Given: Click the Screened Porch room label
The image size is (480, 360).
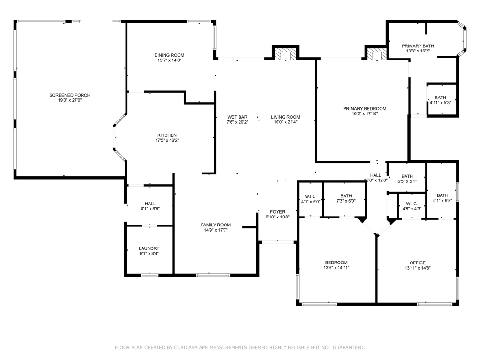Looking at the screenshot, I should coord(69,95).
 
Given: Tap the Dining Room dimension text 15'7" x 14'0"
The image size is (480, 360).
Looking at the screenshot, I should coord(169,60).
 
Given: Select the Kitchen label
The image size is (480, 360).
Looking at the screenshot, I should coord(166,135).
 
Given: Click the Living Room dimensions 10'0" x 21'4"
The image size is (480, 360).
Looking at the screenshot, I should coord(285,122).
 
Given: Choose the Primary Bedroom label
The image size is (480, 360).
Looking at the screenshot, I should coord(364,108).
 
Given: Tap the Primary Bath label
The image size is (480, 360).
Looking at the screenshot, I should coord(418,45).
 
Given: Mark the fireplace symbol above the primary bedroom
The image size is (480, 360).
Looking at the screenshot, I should coord(376,54).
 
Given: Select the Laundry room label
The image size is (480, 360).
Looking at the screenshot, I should coord(149,248).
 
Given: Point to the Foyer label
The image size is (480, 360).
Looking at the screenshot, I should coord(277,211).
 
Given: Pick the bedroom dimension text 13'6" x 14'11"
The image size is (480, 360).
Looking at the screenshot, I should coord(337,268).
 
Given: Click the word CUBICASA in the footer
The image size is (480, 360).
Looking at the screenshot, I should coord(185,348).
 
